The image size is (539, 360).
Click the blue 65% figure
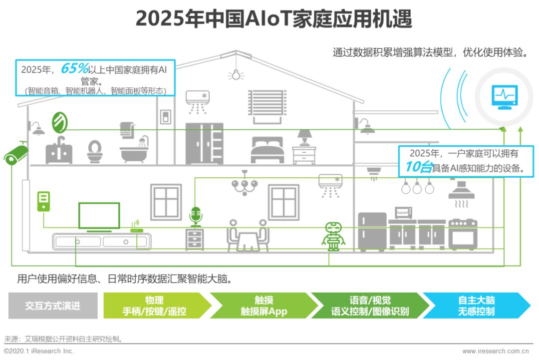click(x=74, y=68)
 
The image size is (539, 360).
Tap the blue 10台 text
click(x=419, y=167)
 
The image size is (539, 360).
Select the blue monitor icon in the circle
click(x=504, y=97)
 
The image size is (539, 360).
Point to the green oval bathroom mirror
click(x=59, y=123)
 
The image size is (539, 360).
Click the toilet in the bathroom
click(x=94, y=151)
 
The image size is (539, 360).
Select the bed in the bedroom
click(x=268, y=150)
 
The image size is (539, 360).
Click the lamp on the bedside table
click(x=304, y=137)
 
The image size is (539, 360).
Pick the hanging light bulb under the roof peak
click(x=236, y=74)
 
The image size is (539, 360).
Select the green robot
click(x=333, y=236)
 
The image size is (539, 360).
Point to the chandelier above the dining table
click(x=245, y=184)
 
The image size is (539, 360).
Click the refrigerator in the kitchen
click(x=372, y=231)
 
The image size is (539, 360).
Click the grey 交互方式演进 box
click(x=53, y=306)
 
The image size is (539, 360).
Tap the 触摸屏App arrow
click(x=264, y=306)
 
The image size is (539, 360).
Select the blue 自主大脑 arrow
click(x=477, y=306)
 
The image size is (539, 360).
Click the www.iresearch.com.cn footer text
click(x=496, y=351)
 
